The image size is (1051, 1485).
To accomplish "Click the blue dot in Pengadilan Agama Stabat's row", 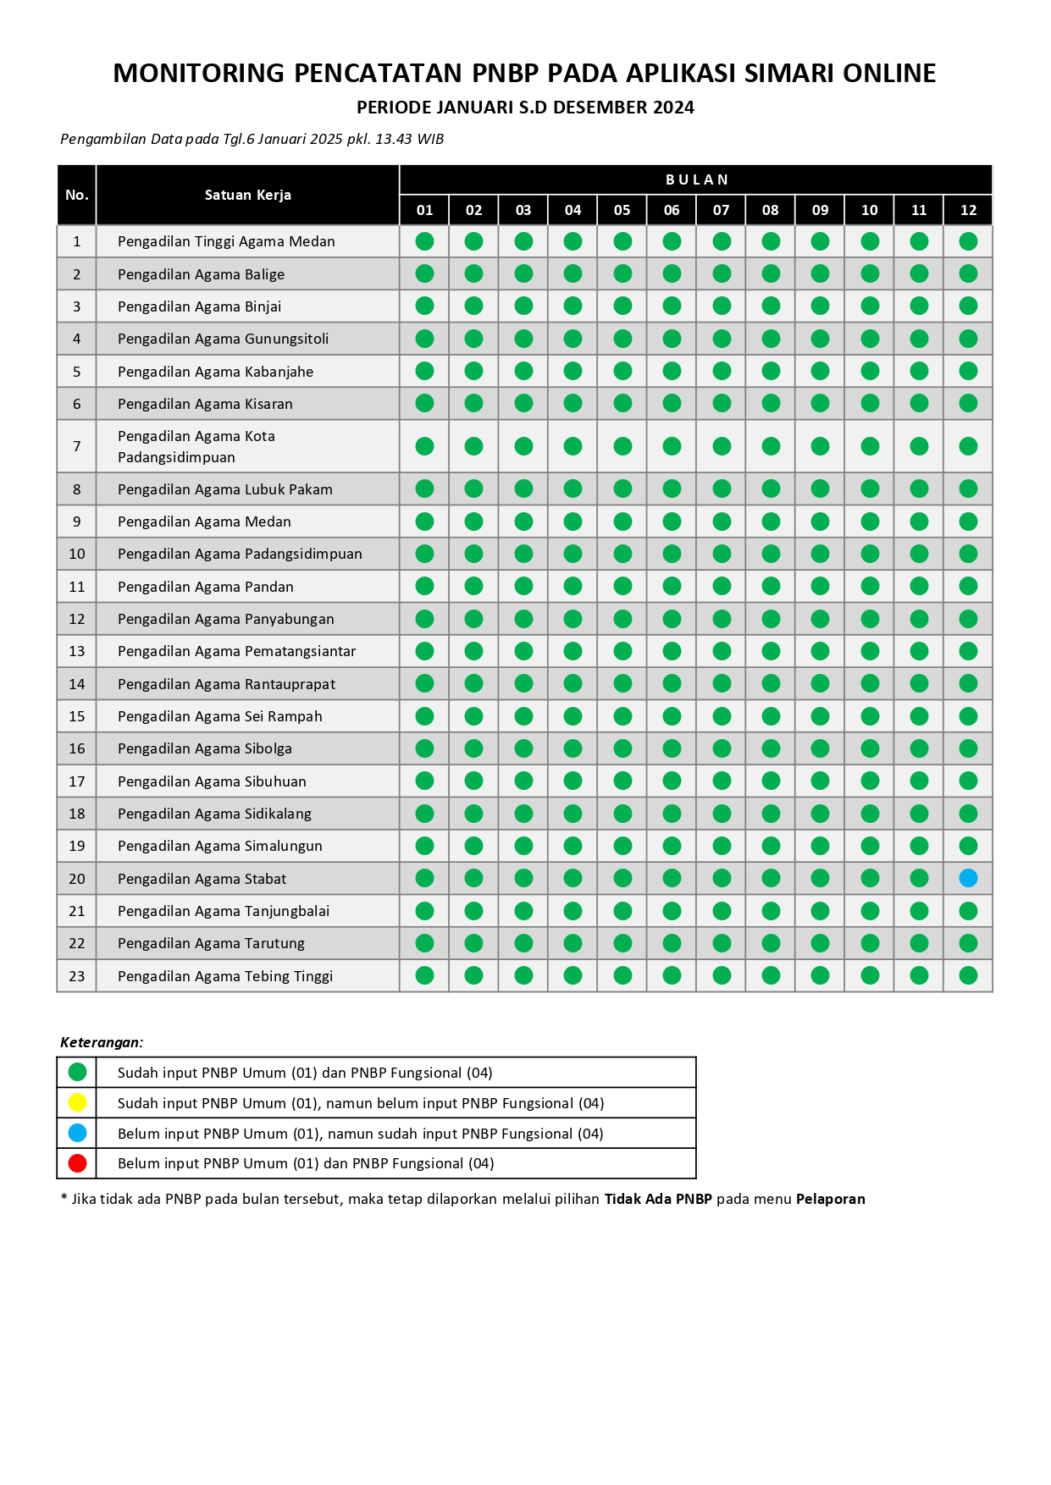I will [x=968, y=878].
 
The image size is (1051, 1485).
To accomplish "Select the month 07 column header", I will [x=721, y=210].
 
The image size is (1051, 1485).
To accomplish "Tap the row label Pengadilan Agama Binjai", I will [x=199, y=306].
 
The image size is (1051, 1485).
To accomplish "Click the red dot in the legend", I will [x=77, y=1163].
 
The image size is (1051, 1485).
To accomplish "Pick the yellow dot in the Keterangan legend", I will [x=77, y=1102].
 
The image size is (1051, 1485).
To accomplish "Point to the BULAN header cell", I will [x=696, y=179].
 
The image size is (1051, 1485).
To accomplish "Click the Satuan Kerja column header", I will [x=247, y=195].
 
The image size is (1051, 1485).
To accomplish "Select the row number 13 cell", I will [x=77, y=651].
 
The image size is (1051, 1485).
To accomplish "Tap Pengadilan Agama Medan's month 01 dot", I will [x=424, y=522].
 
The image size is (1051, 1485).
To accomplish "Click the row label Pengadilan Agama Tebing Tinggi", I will [x=225, y=976].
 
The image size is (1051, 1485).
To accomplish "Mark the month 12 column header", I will [x=968, y=210].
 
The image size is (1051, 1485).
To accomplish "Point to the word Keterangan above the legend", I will [x=102, y=1042].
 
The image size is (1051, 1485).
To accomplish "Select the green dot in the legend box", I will [x=77, y=1072].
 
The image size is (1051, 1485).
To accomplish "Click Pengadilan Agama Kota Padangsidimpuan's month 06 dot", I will [x=672, y=446].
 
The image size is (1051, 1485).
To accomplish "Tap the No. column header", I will [x=77, y=195].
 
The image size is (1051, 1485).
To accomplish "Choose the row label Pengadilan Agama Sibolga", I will [x=204, y=748].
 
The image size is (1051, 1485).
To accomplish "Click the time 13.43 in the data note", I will [x=393, y=139].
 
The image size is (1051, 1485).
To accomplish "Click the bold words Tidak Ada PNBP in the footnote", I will [x=658, y=1199].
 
